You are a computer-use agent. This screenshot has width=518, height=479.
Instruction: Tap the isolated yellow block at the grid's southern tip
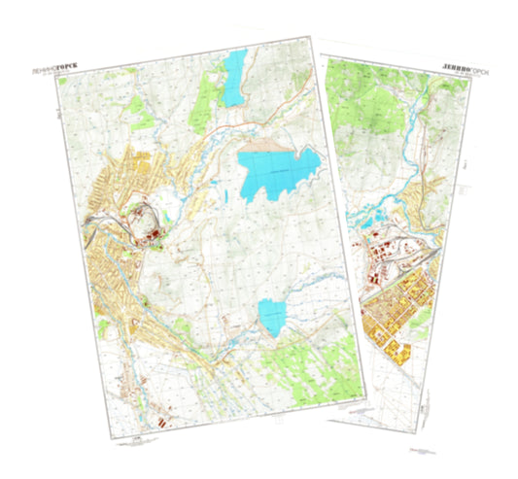coord(399,350)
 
